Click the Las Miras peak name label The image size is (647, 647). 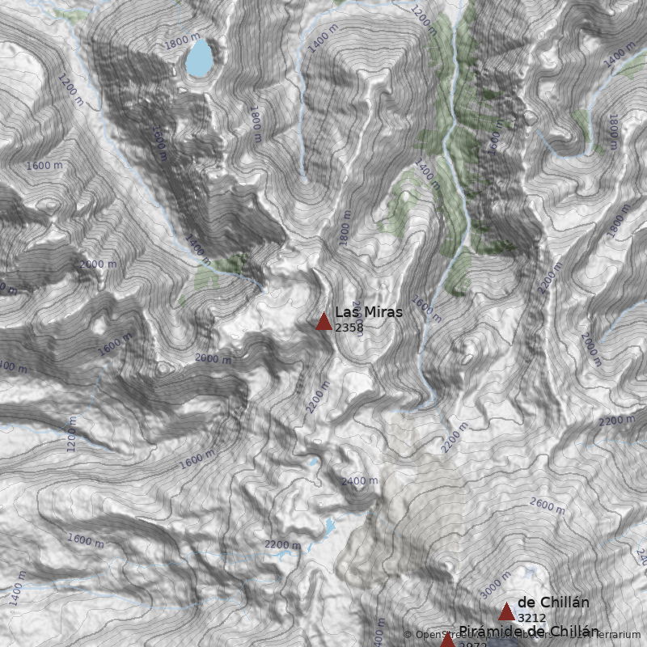click(368, 312)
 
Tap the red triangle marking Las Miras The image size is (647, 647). click(323, 322)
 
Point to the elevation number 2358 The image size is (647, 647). click(349, 328)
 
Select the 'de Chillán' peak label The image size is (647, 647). click(552, 603)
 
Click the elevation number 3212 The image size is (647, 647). click(531, 618)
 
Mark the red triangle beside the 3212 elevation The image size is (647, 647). click(506, 611)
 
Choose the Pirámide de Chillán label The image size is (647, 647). click(529, 631)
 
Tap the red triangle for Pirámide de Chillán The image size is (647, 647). click(447, 641)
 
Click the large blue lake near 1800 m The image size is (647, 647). click(201, 57)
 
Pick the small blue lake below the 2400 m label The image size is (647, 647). click(329, 527)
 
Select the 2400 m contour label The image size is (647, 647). click(359, 480)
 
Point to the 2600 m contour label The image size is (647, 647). click(548, 505)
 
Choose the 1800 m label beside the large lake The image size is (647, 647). click(180, 39)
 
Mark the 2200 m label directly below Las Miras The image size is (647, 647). click(318, 396)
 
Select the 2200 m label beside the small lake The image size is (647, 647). click(282, 545)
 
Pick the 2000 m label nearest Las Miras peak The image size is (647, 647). click(213, 358)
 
